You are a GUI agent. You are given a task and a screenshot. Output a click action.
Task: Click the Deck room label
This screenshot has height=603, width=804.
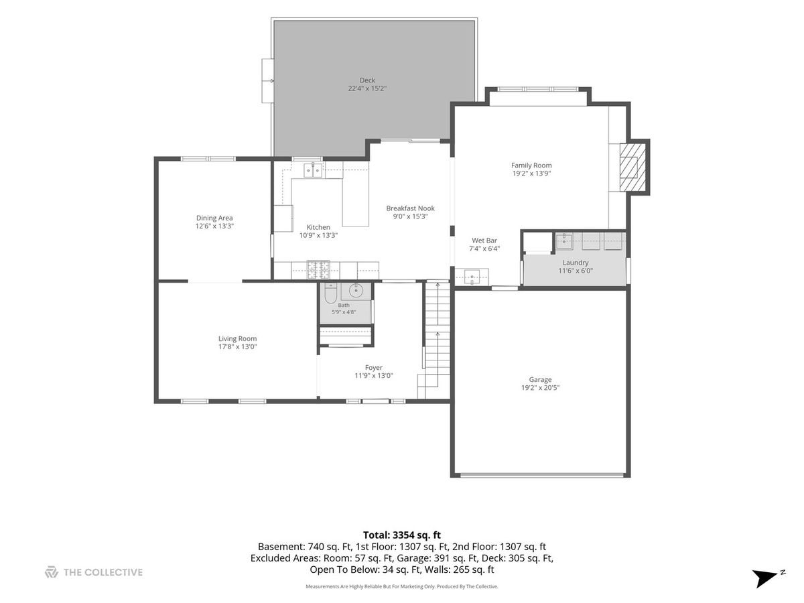pos(366,80)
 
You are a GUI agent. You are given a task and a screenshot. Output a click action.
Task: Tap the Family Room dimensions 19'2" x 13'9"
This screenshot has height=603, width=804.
pos(531,174)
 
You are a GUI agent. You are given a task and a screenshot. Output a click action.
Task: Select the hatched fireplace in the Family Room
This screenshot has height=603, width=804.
pos(632,167)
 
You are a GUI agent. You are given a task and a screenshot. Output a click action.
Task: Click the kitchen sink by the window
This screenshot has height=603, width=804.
pos(312,170)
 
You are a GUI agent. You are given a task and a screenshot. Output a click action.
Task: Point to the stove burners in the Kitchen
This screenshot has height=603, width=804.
pos(318,270)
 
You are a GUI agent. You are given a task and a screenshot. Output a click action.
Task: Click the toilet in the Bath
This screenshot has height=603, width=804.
pos(330,293)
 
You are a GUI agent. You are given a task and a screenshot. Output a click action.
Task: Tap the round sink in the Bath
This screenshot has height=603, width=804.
pos(355,291)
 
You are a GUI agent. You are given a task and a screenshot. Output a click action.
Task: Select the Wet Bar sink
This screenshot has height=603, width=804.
pos(472,277)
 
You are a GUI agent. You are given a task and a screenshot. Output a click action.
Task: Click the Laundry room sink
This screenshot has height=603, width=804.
pos(564,241)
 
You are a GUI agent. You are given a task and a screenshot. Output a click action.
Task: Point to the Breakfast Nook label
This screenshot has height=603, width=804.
pos(410,208)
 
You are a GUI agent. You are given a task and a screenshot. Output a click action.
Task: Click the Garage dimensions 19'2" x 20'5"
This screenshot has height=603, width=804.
pos(540,388)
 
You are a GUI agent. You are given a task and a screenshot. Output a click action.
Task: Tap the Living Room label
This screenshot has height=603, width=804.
pos(237,338)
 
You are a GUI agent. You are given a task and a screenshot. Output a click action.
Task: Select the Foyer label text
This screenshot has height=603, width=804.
pos(373,367)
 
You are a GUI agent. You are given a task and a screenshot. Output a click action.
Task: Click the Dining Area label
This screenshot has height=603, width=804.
pos(214,218)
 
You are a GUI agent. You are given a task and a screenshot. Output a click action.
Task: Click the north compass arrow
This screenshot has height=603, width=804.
pos(764,578)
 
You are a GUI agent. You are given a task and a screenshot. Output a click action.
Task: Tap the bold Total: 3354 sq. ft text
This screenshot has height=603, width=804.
pos(402,535)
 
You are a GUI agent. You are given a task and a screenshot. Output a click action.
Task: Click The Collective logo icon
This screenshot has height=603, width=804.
pos(52,572)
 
